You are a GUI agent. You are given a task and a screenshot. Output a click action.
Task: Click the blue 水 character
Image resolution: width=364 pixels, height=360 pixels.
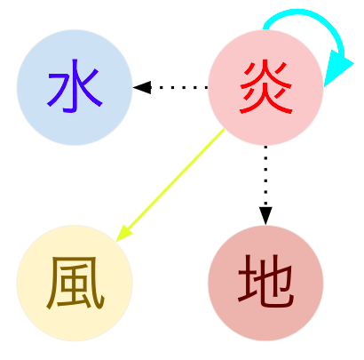click(x=75, y=86)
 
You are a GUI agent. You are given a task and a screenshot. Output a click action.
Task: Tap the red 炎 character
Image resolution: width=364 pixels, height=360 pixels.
click(x=266, y=86)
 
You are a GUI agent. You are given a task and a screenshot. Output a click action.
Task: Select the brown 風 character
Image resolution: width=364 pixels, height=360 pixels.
click(x=75, y=284)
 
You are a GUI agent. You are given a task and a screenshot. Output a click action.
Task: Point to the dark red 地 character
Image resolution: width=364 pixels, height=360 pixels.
click(x=266, y=282)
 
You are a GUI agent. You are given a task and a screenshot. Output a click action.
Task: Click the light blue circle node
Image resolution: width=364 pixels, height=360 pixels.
click(x=75, y=87)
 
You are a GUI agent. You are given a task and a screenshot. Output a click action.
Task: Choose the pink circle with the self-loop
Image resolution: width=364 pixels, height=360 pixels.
click(x=265, y=87)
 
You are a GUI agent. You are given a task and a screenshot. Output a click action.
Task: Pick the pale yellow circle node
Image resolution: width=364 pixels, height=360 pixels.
click(x=75, y=283)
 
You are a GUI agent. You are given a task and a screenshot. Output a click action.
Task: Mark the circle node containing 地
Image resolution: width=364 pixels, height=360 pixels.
click(x=265, y=283)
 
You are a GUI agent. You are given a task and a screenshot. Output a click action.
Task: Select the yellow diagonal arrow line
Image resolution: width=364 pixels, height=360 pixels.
click(x=170, y=185)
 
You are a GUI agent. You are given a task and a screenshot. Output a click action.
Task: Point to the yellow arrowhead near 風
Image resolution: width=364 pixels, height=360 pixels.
click(x=123, y=234)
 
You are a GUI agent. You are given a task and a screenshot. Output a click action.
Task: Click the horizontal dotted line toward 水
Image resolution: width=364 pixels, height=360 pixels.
click(x=179, y=87)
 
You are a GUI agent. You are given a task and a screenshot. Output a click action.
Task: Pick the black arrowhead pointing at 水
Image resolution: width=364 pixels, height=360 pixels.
click(x=142, y=87)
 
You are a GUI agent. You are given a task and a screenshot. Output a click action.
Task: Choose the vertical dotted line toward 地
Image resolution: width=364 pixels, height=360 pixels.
click(x=265, y=176)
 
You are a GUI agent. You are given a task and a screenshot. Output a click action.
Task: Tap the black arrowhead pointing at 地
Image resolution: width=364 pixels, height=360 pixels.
click(x=265, y=216)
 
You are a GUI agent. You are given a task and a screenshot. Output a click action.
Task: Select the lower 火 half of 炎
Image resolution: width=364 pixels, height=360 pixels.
click(x=266, y=100)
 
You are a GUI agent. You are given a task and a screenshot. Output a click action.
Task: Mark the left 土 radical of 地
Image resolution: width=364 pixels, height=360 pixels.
click(x=247, y=280)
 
